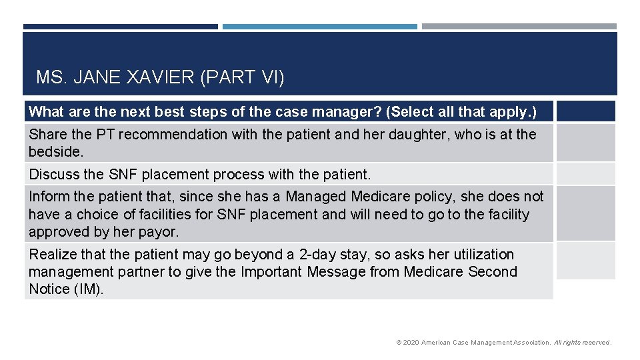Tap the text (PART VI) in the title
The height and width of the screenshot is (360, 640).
pos(242,78)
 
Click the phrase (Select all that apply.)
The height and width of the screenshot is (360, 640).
pos(461,111)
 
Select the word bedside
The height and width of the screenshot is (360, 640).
pos(56,152)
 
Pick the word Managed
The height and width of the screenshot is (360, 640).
pos(316,197)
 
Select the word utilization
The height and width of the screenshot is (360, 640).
pos(479,255)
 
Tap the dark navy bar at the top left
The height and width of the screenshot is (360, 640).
pos(120,27)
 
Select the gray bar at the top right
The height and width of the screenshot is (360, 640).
pos(519,27)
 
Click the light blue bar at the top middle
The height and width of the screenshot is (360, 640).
pos(319,27)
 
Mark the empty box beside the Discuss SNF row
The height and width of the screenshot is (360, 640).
pos(585,175)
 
